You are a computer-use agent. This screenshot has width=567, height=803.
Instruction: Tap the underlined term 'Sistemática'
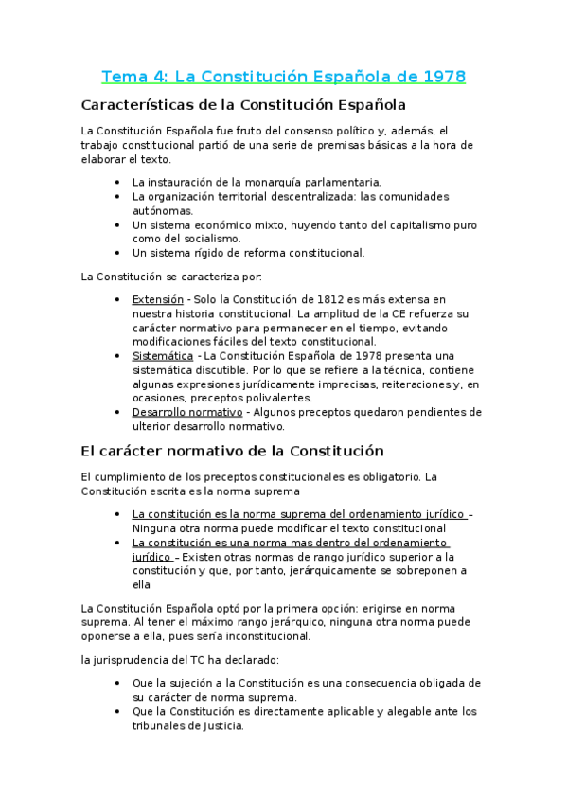click(x=163, y=355)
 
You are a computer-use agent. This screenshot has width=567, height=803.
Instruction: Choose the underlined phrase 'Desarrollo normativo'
click(x=186, y=412)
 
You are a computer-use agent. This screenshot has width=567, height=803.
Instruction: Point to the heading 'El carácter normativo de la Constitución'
click(x=232, y=452)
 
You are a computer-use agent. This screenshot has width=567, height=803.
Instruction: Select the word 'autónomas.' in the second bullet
click(x=163, y=210)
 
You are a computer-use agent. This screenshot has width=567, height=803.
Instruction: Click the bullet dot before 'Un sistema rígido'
click(x=116, y=253)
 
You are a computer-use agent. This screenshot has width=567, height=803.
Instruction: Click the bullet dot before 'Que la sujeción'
click(x=116, y=683)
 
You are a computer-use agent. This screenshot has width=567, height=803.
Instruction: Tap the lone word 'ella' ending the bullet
click(x=144, y=584)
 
